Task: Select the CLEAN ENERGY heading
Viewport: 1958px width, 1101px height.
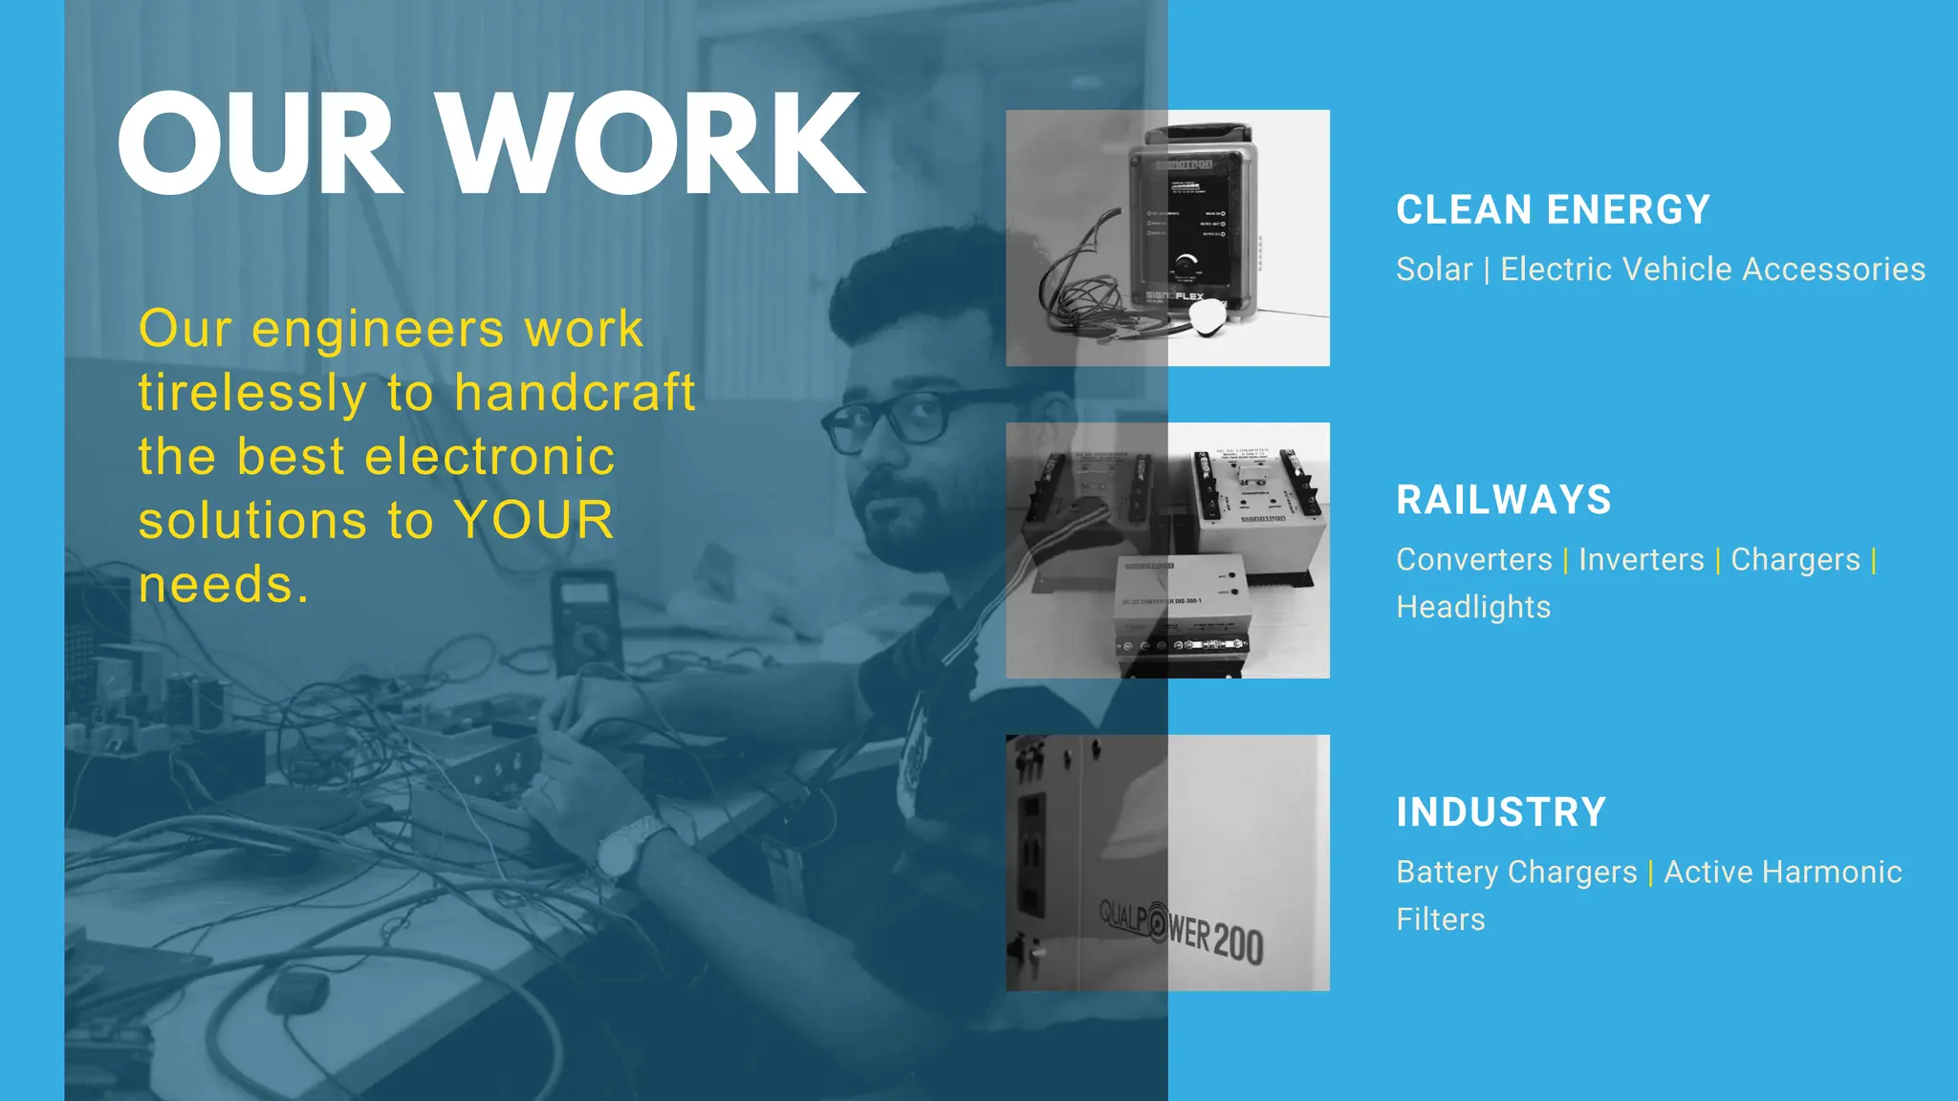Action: [x=1553, y=210]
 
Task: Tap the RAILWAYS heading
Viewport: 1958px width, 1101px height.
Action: [x=1504, y=500]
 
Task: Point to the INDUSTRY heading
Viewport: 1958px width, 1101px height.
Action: [x=1501, y=812]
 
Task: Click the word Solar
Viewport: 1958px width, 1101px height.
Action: [x=1434, y=270]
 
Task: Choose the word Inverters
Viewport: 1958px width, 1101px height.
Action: [x=1642, y=560]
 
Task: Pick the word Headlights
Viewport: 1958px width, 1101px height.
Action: [x=1473, y=607]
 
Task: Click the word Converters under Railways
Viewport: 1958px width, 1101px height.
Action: [x=1474, y=560]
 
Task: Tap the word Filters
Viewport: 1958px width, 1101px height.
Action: [x=1441, y=919]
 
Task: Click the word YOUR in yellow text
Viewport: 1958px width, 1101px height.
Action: [x=533, y=521]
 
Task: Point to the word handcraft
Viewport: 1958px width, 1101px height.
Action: [x=575, y=393]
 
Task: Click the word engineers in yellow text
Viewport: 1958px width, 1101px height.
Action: [x=378, y=330]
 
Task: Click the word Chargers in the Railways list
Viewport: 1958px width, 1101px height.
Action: [x=1795, y=560]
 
